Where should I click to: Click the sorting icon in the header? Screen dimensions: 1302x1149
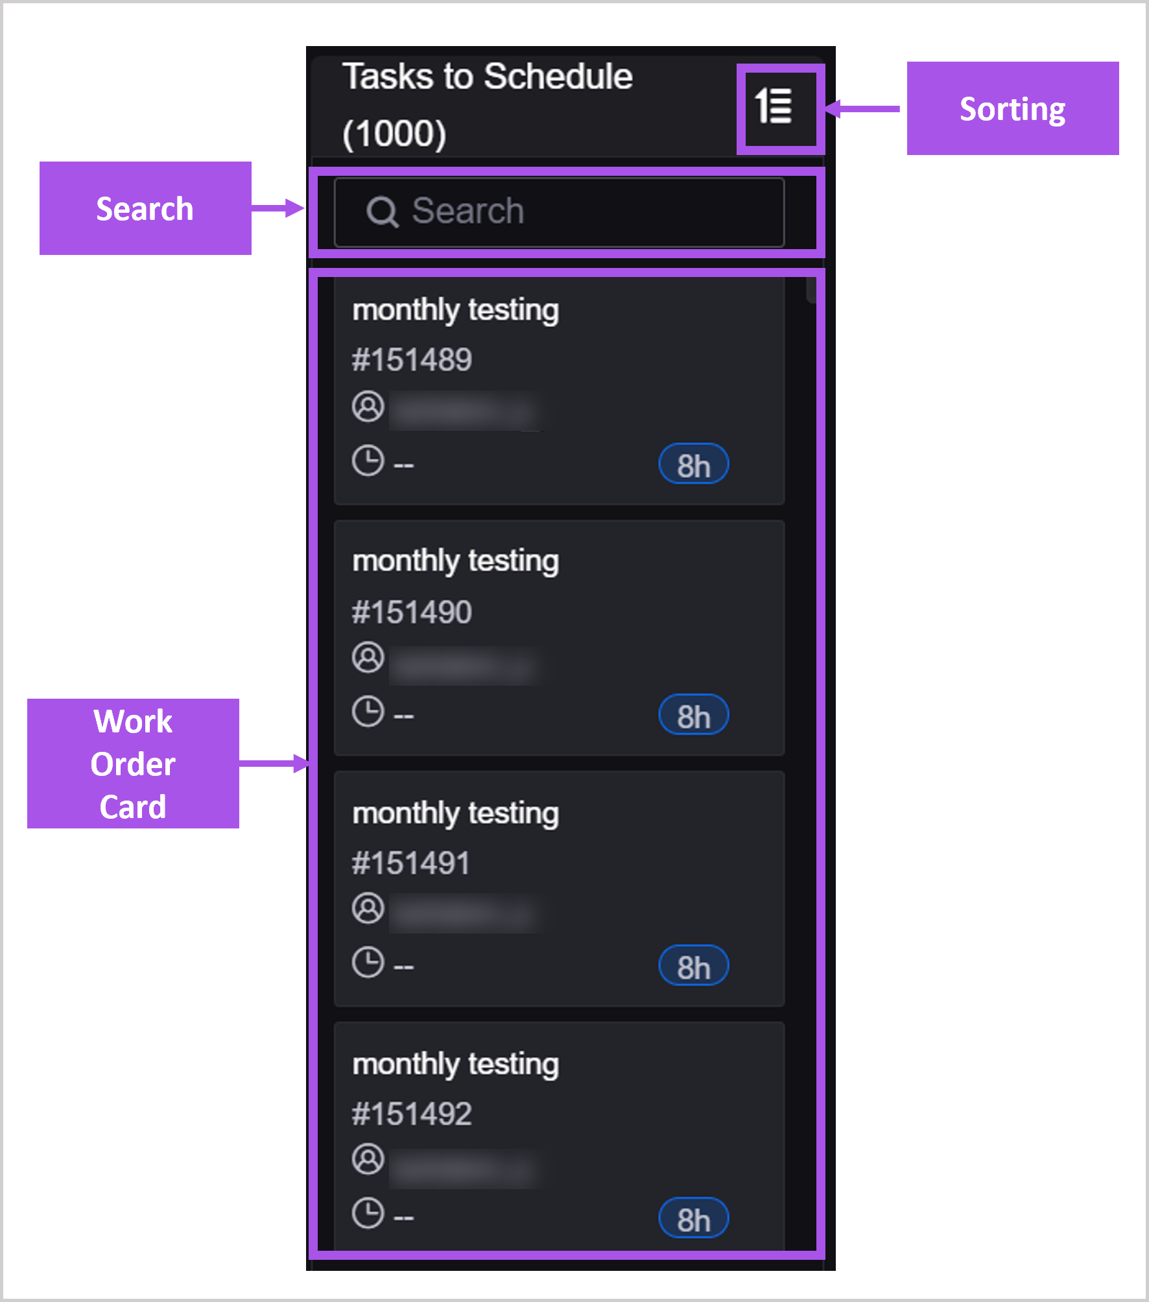(x=774, y=106)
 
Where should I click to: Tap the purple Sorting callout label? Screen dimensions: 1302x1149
(x=1012, y=108)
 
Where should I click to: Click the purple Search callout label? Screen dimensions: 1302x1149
(x=145, y=208)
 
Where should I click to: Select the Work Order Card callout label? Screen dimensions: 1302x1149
(x=133, y=764)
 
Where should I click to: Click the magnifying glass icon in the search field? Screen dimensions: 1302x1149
(x=382, y=212)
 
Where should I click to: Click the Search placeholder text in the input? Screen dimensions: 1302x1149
(x=468, y=211)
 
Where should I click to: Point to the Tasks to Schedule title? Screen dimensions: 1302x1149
(x=487, y=77)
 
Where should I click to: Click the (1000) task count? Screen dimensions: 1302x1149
(x=394, y=134)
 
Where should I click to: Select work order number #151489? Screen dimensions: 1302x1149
(x=412, y=360)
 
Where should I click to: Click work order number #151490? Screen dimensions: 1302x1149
(x=412, y=612)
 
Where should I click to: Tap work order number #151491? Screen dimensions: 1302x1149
(x=411, y=863)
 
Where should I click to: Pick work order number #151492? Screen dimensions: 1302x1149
(x=412, y=1114)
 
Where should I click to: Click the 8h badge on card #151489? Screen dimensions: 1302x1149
(x=693, y=464)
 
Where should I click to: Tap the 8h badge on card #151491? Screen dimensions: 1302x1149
(x=693, y=967)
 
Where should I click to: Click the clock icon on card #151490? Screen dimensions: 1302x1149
(x=368, y=712)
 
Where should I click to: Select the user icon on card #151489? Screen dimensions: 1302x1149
(x=368, y=407)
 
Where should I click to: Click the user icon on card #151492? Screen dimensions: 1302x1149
(x=368, y=1159)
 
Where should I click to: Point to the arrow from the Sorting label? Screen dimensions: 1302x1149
(x=863, y=109)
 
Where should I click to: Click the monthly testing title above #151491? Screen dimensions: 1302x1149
(x=455, y=813)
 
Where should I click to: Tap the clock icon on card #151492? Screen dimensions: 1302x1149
(x=368, y=1214)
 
